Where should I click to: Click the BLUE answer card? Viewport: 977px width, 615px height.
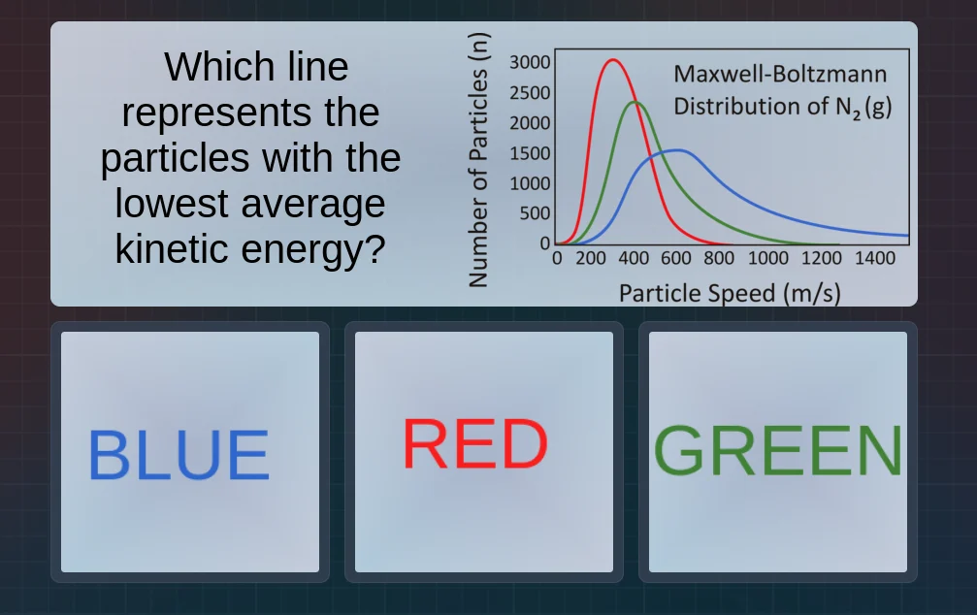[x=190, y=452]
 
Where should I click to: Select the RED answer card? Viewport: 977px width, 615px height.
[x=483, y=452]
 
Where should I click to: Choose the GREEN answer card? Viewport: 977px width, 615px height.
[x=778, y=452]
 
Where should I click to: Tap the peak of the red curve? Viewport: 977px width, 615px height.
[x=612, y=60]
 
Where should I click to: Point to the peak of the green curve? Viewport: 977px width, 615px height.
[x=635, y=102]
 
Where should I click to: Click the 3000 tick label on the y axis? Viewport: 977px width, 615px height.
[x=530, y=63]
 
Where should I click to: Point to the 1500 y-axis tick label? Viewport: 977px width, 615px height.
[x=531, y=153]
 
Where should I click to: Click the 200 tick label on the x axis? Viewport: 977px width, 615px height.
[x=593, y=259]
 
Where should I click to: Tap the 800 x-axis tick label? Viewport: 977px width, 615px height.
[x=719, y=259]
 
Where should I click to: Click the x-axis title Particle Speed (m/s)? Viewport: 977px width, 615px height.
[x=730, y=292]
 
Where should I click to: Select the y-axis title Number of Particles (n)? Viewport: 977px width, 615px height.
[x=477, y=160]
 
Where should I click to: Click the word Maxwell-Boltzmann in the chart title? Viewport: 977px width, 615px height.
[x=780, y=75]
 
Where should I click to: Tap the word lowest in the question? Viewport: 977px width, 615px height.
[x=175, y=204]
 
